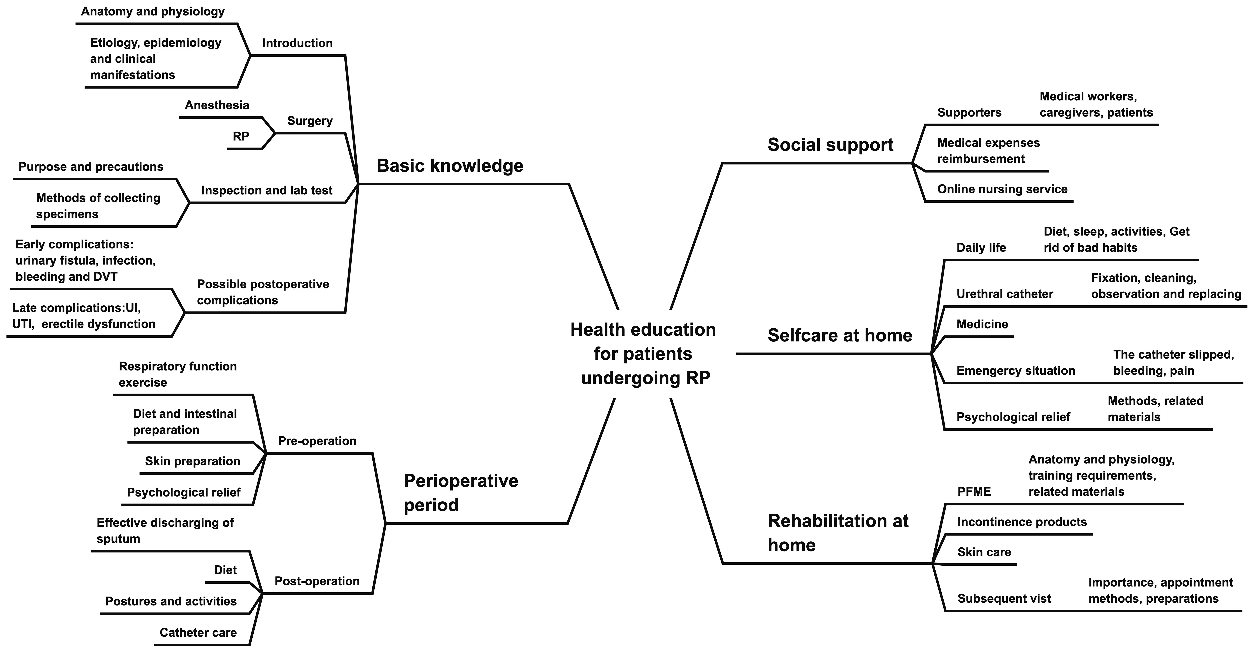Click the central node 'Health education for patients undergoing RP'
(643, 354)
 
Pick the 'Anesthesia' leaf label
(217, 105)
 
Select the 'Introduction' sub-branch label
(297, 43)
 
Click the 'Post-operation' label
(317, 581)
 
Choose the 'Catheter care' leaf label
(198, 633)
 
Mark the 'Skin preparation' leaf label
(192, 461)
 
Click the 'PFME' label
(974, 491)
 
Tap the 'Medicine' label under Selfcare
(982, 324)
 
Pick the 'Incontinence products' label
(1022, 522)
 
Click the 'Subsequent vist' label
(1004, 599)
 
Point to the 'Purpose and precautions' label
(91, 167)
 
